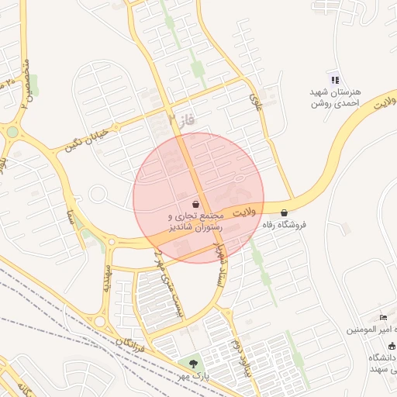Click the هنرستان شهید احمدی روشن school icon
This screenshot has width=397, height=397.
coord(334,79)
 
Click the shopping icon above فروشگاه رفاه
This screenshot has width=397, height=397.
coord(285,212)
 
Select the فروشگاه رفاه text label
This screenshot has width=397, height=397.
coord(285,225)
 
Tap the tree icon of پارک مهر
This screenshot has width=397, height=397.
coord(193,363)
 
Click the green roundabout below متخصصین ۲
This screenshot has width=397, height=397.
coord(13,132)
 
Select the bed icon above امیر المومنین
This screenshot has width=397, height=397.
coord(383,318)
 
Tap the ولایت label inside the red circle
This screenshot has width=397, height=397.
coord(243,212)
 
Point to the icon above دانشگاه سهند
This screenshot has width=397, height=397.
coord(392,346)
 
